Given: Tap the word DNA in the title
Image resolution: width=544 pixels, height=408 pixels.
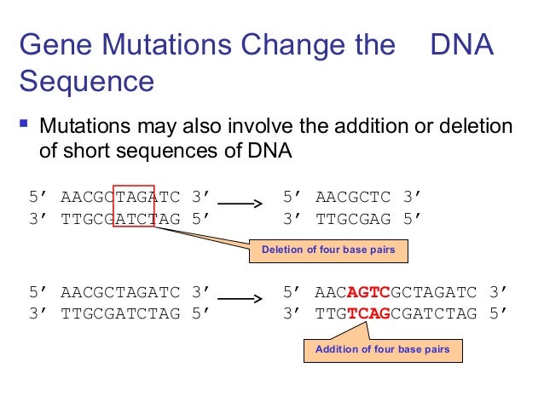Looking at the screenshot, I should tap(462, 45).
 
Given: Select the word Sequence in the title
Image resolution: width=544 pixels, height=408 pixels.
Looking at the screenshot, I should tap(86, 82).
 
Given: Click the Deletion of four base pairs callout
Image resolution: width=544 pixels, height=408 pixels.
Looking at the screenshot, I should tap(328, 250).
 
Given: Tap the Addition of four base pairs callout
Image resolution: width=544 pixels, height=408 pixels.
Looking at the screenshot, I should tap(382, 349).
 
